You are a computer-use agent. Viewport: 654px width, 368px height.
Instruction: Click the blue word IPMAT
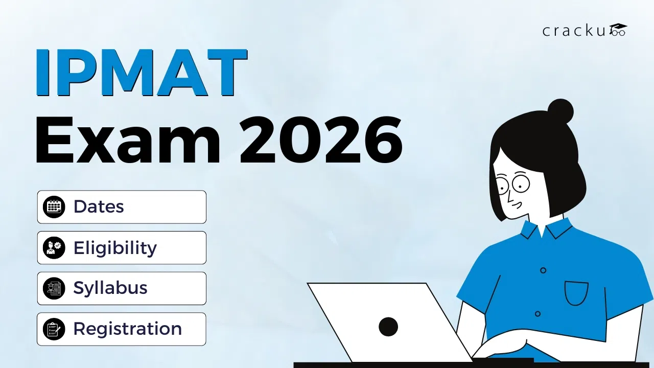click(x=142, y=73)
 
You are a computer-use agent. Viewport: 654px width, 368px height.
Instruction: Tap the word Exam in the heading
click(x=128, y=140)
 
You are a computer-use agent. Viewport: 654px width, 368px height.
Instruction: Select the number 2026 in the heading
click(x=321, y=140)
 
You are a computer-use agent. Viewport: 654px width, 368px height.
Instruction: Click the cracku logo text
click(x=574, y=31)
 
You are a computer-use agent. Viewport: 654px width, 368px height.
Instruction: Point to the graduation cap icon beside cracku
click(x=618, y=30)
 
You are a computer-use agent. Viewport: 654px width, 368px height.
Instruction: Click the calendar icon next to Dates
click(x=54, y=207)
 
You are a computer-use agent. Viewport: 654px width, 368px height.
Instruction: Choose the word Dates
click(x=99, y=206)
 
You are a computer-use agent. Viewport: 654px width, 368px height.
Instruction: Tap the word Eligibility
click(x=115, y=248)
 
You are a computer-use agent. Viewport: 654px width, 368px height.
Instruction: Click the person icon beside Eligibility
click(x=54, y=248)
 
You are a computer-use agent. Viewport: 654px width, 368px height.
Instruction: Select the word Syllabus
click(x=110, y=288)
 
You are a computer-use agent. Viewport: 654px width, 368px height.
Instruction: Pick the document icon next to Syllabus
click(x=54, y=288)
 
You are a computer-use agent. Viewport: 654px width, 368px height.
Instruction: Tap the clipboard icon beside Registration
click(x=54, y=329)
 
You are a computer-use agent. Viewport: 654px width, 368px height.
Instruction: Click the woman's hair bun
click(x=560, y=111)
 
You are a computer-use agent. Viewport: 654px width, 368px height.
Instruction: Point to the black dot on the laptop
click(x=388, y=327)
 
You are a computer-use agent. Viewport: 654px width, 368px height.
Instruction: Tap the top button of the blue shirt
click(x=543, y=270)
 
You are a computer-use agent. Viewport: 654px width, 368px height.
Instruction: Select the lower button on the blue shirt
click(x=538, y=314)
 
